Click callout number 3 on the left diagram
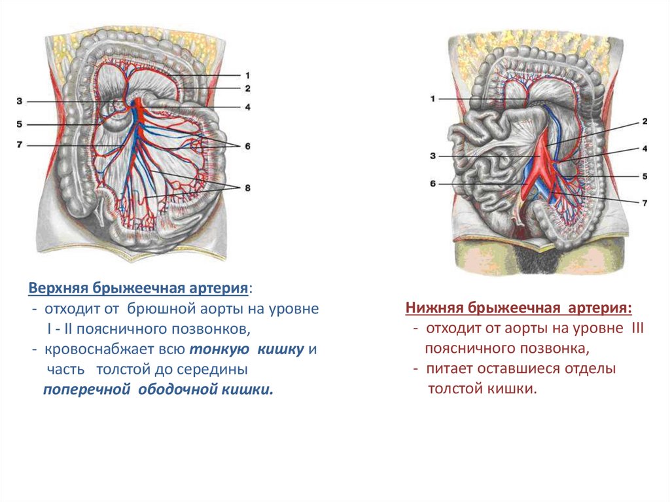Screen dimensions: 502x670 20,101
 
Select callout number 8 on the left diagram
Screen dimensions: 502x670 247,188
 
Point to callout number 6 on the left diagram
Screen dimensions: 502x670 247,147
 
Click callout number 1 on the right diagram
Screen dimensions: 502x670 432,99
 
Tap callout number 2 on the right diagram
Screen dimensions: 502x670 644,122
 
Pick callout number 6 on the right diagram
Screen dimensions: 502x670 432,184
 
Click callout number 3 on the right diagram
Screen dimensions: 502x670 432,156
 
